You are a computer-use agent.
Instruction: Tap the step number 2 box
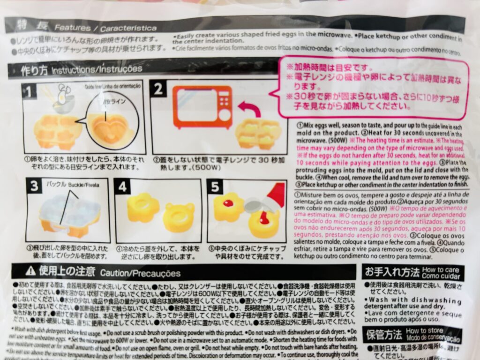coord(157,89)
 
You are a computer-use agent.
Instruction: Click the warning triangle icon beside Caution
coord(30,271)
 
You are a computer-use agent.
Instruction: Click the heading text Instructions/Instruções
coord(97,70)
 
